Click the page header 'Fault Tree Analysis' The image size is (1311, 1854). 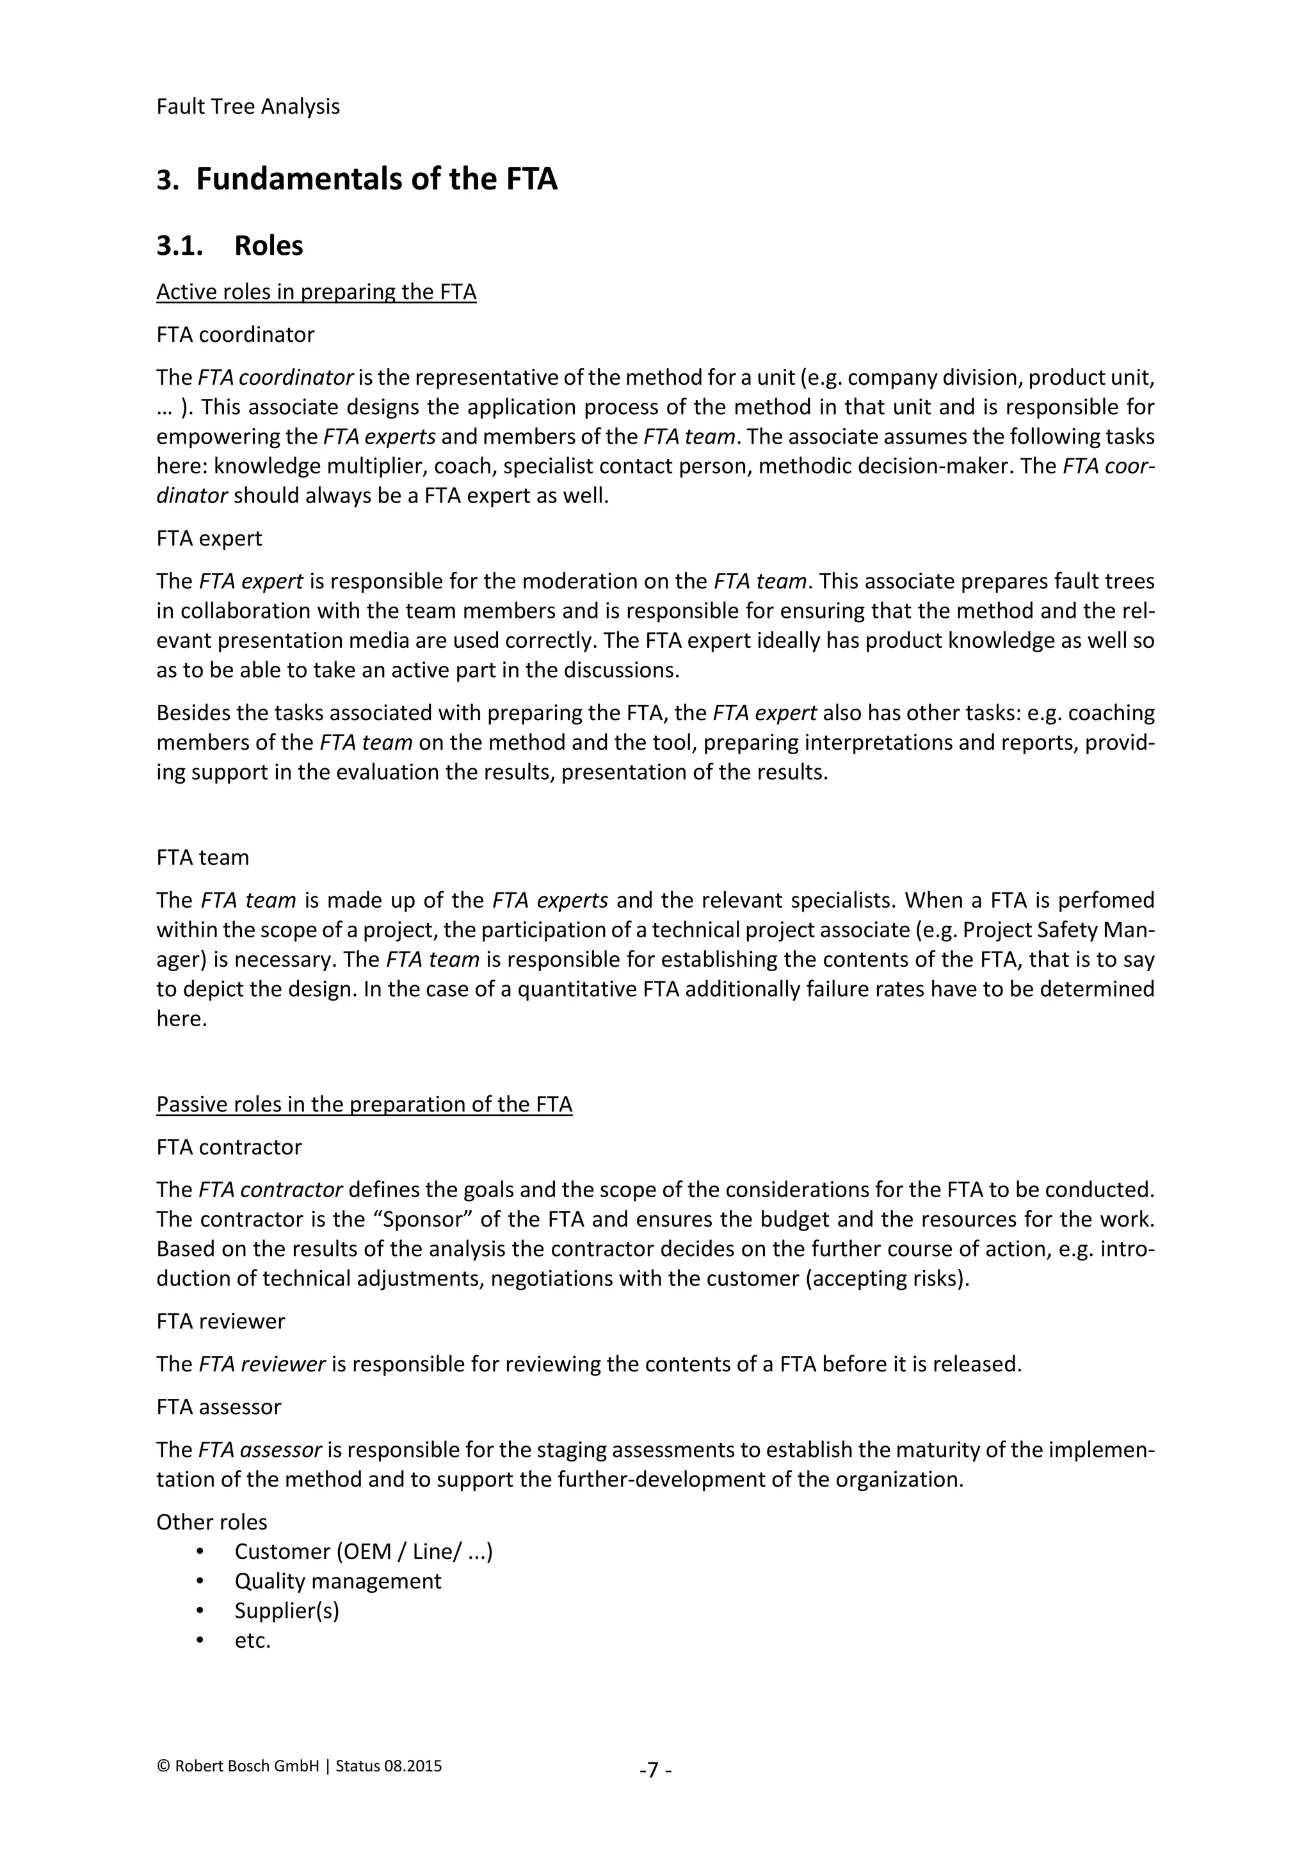(x=248, y=106)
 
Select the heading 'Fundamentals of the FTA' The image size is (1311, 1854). (x=376, y=179)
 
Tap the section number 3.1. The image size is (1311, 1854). (x=179, y=245)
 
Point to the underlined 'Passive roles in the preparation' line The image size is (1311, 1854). (x=364, y=1104)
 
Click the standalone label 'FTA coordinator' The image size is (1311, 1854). (x=235, y=334)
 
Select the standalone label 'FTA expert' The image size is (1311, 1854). (x=209, y=538)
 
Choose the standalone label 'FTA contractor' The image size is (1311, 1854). (x=229, y=1147)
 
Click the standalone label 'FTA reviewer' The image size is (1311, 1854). (x=220, y=1321)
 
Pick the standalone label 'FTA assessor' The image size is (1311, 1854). (x=219, y=1407)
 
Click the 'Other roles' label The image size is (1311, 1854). (x=211, y=1522)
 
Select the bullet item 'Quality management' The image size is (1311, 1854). (x=337, y=1581)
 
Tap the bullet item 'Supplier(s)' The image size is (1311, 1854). (x=287, y=1611)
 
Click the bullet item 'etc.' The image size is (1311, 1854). (x=253, y=1641)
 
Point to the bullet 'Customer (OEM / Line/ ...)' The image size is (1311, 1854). (x=363, y=1552)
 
